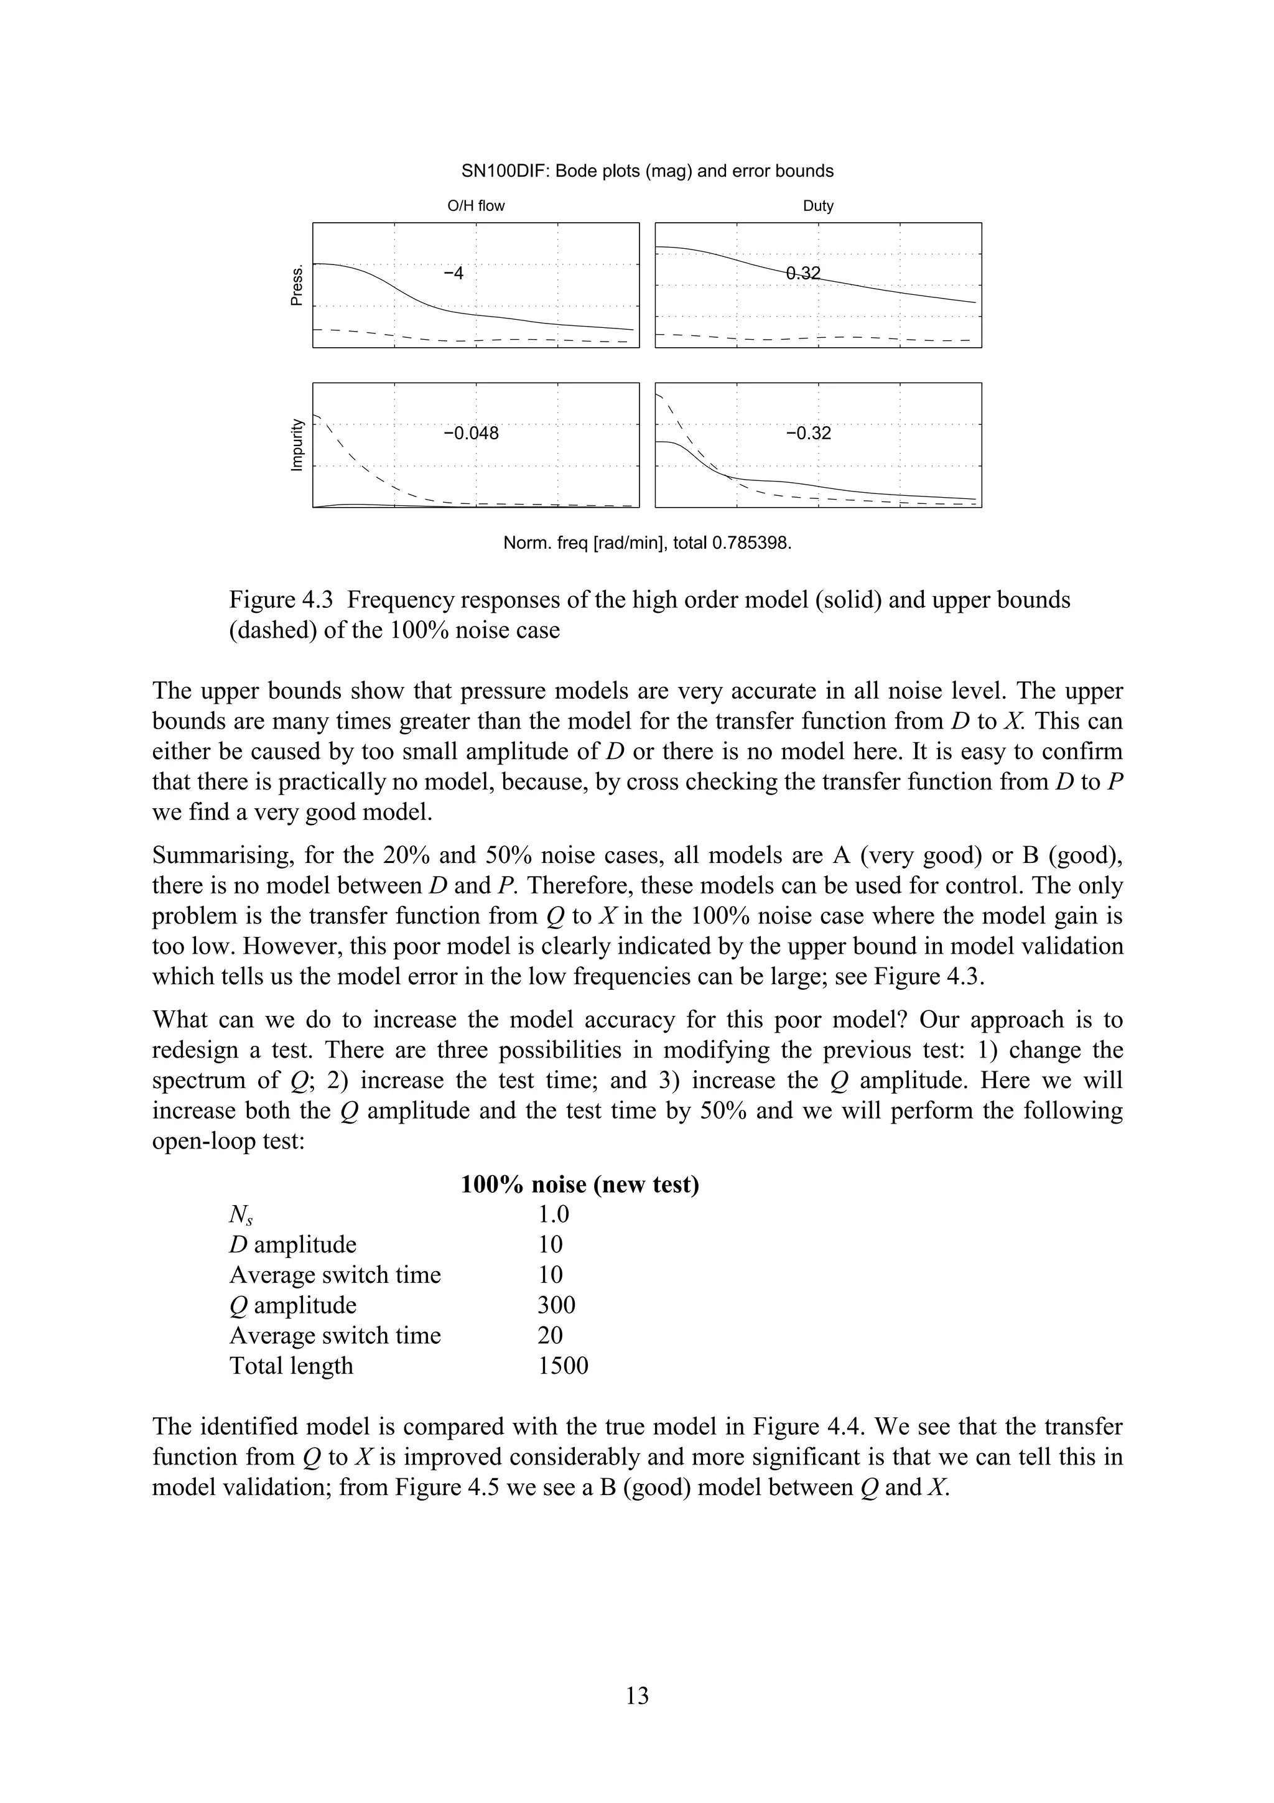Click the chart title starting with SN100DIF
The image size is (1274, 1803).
648,171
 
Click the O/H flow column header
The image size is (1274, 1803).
476,207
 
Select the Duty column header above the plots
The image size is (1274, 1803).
818,207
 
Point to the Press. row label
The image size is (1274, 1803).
297,286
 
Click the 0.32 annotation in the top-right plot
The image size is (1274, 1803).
803,273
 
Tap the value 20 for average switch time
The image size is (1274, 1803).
551,1336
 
